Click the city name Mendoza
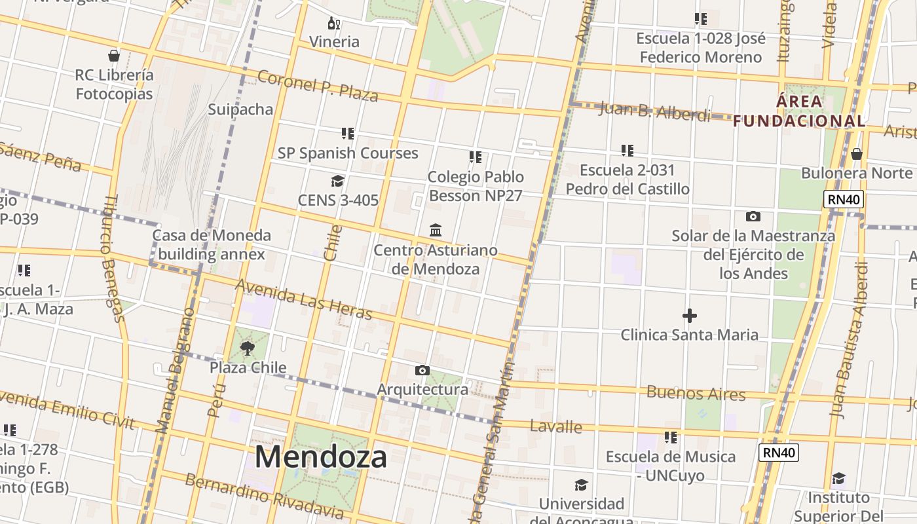[x=320, y=456]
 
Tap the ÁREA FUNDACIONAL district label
[x=799, y=111]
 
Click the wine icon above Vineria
[x=334, y=24]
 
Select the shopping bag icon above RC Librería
[x=114, y=56]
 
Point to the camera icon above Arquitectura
[x=422, y=371]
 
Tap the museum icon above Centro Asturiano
[x=436, y=231]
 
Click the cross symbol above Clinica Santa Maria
[x=689, y=316]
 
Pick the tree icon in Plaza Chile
[x=248, y=348]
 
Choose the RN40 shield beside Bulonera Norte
[x=844, y=200]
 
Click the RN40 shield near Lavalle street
[x=779, y=452]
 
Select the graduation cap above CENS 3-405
[x=337, y=181]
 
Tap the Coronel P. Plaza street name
[x=318, y=86]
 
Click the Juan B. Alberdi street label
[x=654, y=112]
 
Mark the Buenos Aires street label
[x=696, y=393]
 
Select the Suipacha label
[x=240, y=109]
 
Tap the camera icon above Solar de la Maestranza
[x=753, y=216]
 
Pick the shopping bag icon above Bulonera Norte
[x=856, y=155]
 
